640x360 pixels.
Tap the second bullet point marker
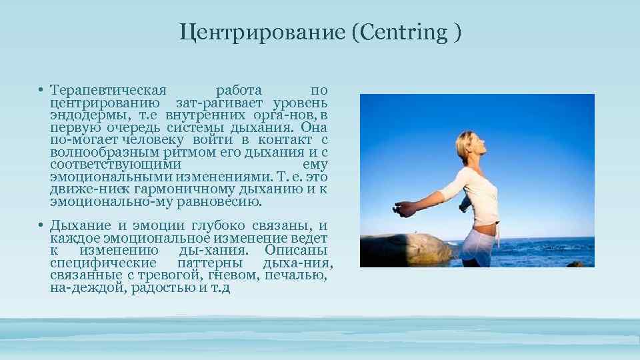(41, 226)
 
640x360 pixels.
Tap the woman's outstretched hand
(403, 209)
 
